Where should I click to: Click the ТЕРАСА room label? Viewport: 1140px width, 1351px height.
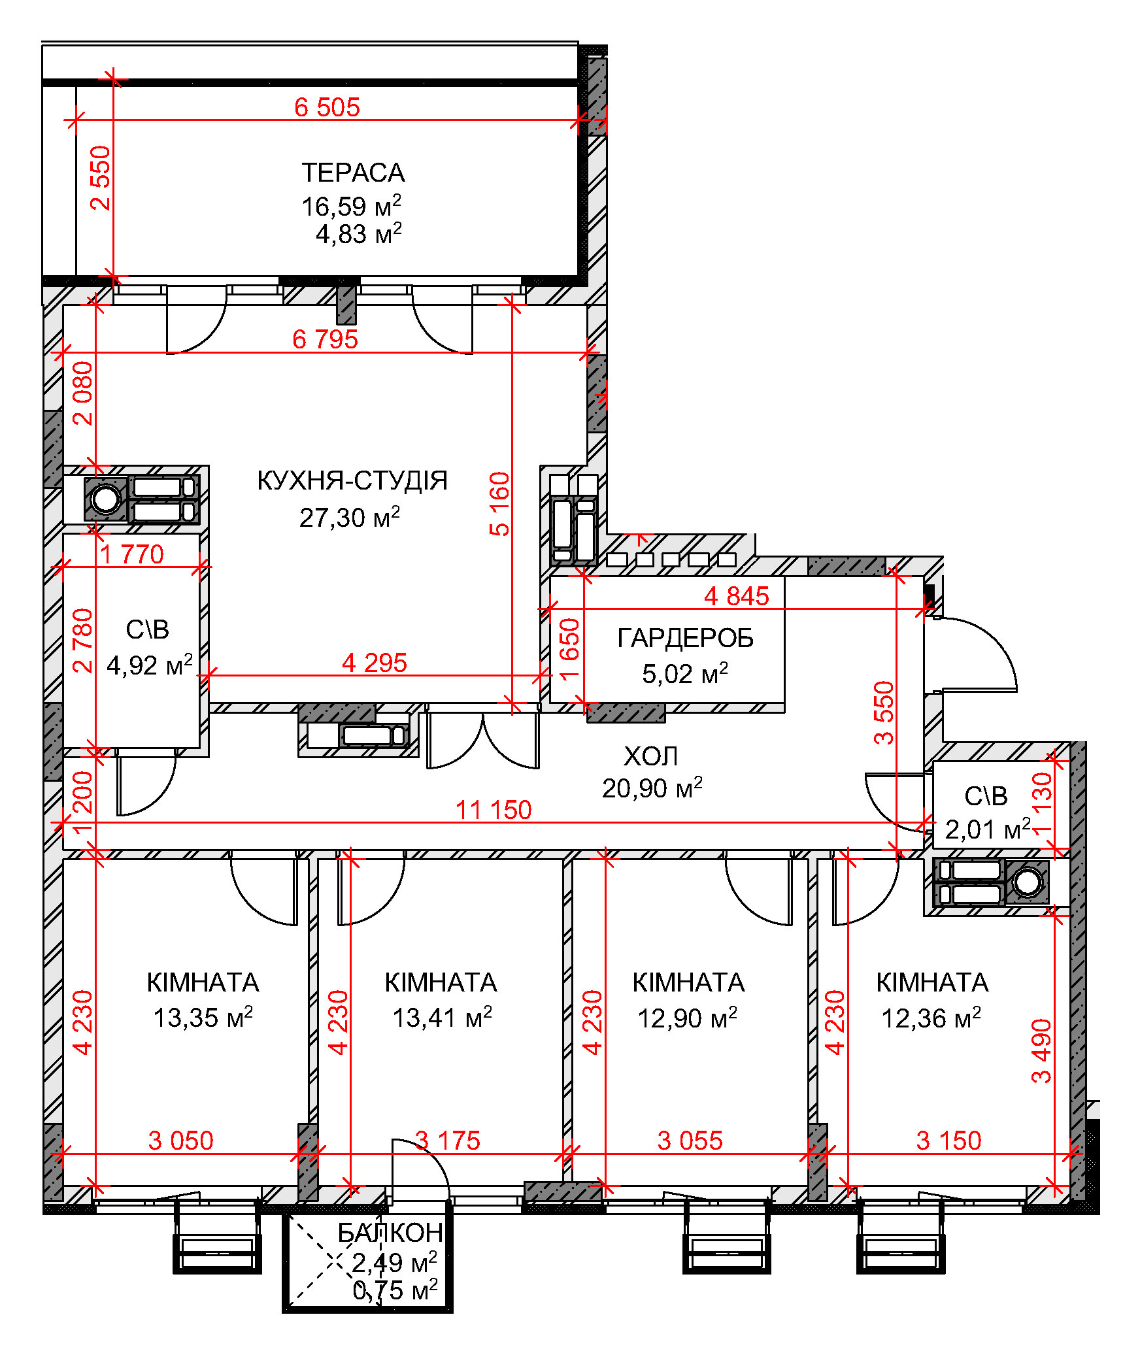click(x=353, y=173)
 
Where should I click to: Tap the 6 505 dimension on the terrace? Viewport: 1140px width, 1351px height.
click(x=327, y=107)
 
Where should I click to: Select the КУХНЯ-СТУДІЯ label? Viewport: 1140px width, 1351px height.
click(x=352, y=480)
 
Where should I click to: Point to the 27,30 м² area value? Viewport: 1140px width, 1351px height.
click(x=350, y=517)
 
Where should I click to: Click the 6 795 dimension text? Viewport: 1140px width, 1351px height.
click(x=325, y=339)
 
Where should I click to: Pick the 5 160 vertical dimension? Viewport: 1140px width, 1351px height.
click(x=499, y=504)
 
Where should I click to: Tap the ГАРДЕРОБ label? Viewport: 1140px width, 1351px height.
click(x=685, y=638)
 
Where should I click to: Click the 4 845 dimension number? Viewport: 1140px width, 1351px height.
click(x=737, y=596)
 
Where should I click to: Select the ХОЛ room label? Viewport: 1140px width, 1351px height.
click(x=650, y=756)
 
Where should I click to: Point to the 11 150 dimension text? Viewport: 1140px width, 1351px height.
click(x=494, y=810)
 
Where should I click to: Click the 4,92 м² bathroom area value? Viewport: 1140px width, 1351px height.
click(x=150, y=665)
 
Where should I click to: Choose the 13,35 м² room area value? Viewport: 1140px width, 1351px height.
click(x=203, y=1017)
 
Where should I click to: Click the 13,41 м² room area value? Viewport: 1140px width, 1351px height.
click(x=442, y=1017)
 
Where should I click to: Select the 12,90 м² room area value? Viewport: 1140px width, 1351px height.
click(x=687, y=1018)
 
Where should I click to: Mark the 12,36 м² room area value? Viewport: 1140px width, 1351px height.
click(x=931, y=1018)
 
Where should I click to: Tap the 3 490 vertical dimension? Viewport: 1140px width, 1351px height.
click(x=1041, y=1050)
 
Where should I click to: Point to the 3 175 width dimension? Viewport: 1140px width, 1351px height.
click(x=448, y=1141)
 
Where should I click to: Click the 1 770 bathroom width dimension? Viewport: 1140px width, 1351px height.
click(x=131, y=554)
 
